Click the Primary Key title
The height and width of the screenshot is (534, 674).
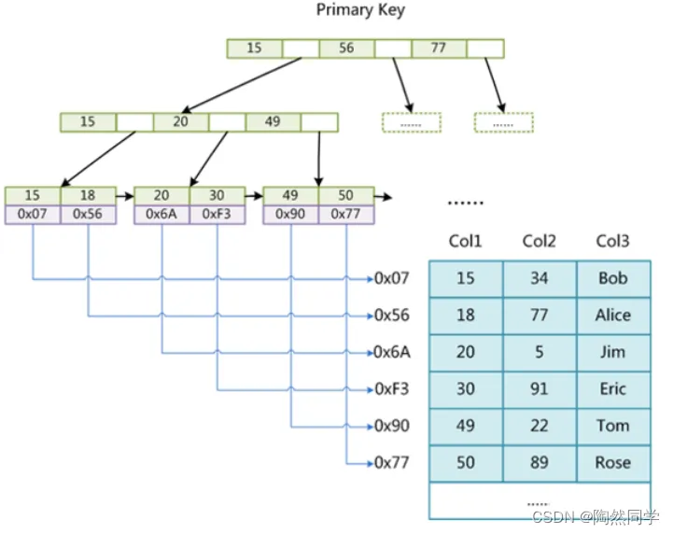point(360,9)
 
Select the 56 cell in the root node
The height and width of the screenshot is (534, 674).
point(346,49)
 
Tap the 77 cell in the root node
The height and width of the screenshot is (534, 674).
point(439,49)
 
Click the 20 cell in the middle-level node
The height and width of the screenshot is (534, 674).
point(181,122)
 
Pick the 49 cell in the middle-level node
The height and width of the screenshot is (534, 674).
point(273,122)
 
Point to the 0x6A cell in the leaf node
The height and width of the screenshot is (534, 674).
point(161,215)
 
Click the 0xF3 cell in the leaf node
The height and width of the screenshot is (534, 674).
point(218,215)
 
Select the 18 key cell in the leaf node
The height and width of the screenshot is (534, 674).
point(88,196)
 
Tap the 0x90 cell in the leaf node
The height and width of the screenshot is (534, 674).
point(290,215)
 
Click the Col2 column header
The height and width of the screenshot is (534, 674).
point(539,241)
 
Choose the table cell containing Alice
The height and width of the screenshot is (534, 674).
point(613,316)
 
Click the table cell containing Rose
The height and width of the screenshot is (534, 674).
point(613,463)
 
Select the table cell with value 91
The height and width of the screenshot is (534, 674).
point(540,389)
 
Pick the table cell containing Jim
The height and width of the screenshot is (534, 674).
point(613,353)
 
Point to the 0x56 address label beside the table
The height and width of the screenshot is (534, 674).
point(392,316)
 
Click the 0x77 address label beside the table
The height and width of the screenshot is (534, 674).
point(392,463)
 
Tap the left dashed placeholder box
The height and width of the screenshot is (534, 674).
point(412,122)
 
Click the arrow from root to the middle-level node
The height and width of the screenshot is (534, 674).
point(242,85)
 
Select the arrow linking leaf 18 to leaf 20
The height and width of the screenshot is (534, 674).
point(125,196)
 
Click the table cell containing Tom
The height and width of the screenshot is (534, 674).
point(613,426)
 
